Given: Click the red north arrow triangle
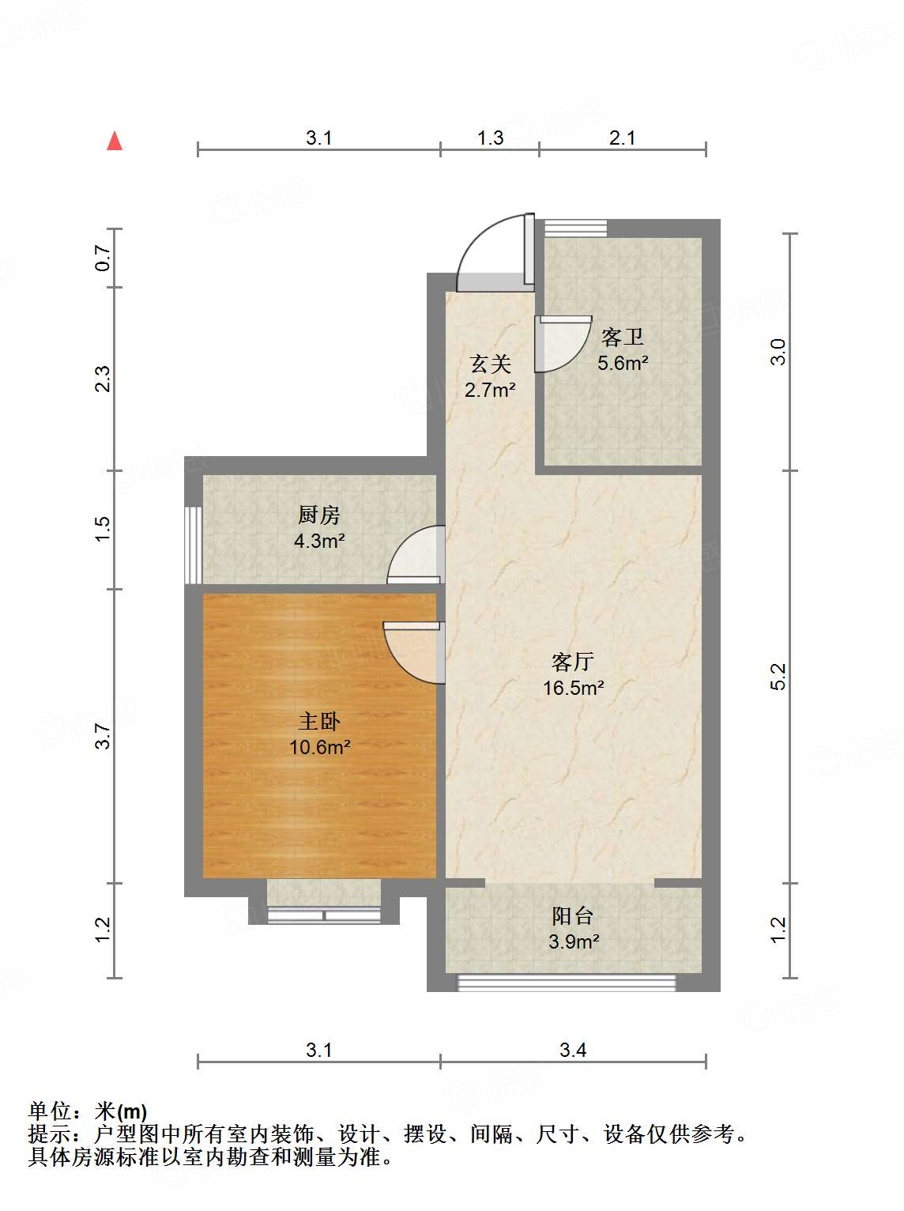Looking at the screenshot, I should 115,141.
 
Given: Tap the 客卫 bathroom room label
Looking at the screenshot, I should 623,338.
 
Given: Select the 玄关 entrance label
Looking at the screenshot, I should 490,364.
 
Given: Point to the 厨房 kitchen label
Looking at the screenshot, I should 319,515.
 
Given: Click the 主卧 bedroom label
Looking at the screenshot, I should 319,721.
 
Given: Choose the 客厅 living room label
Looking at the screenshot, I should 573,662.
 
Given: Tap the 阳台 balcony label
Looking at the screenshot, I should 573,916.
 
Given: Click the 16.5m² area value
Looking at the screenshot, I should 573,688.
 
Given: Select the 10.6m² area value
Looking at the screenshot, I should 319,747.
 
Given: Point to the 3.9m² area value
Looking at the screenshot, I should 574,942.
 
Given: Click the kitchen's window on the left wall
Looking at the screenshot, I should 194,545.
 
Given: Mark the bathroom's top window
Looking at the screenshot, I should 575,228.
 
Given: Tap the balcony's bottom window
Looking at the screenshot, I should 567,983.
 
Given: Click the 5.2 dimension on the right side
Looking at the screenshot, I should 778,677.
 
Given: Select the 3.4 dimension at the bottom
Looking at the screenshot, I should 573,1050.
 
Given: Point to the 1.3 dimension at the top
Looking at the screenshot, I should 490,138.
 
